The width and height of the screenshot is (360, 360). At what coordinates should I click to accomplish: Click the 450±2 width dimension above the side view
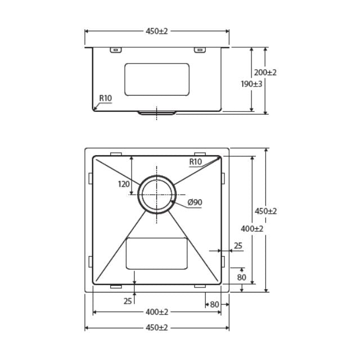(x=157, y=31)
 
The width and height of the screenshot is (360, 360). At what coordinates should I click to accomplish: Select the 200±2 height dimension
(x=265, y=73)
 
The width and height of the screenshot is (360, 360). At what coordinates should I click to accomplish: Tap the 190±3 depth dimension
(x=250, y=83)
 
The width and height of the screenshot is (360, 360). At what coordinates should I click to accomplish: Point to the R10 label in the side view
(x=106, y=98)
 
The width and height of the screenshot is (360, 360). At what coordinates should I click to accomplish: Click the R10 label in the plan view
(x=195, y=162)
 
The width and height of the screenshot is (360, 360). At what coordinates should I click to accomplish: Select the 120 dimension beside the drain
(x=124, y=183)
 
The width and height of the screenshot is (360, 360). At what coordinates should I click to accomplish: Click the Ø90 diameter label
(x=195, y=202)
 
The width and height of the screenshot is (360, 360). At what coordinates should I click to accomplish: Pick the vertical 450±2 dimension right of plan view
(x=266, y=211)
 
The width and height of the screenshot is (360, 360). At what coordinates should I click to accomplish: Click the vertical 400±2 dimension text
(x=251, y=228)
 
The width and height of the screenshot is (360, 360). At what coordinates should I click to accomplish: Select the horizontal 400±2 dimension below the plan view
(x=157, y=312)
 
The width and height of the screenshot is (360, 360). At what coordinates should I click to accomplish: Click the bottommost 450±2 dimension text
(x=157, y=327)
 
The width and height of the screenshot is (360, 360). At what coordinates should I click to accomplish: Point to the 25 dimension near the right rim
(x=238, y=245)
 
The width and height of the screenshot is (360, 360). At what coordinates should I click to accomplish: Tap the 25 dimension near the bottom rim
(x=128, y=300)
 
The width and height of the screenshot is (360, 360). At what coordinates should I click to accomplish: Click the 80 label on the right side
(x=242, y=277)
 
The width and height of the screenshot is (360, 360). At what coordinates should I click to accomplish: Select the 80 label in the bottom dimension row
(x=214, y=304)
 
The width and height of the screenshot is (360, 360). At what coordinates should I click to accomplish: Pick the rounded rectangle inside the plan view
(x=156, y=253)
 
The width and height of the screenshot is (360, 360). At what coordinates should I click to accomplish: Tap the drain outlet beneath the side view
(x=157, y=113)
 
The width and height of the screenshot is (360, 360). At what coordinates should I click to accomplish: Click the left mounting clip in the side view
(x=115, y=50)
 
